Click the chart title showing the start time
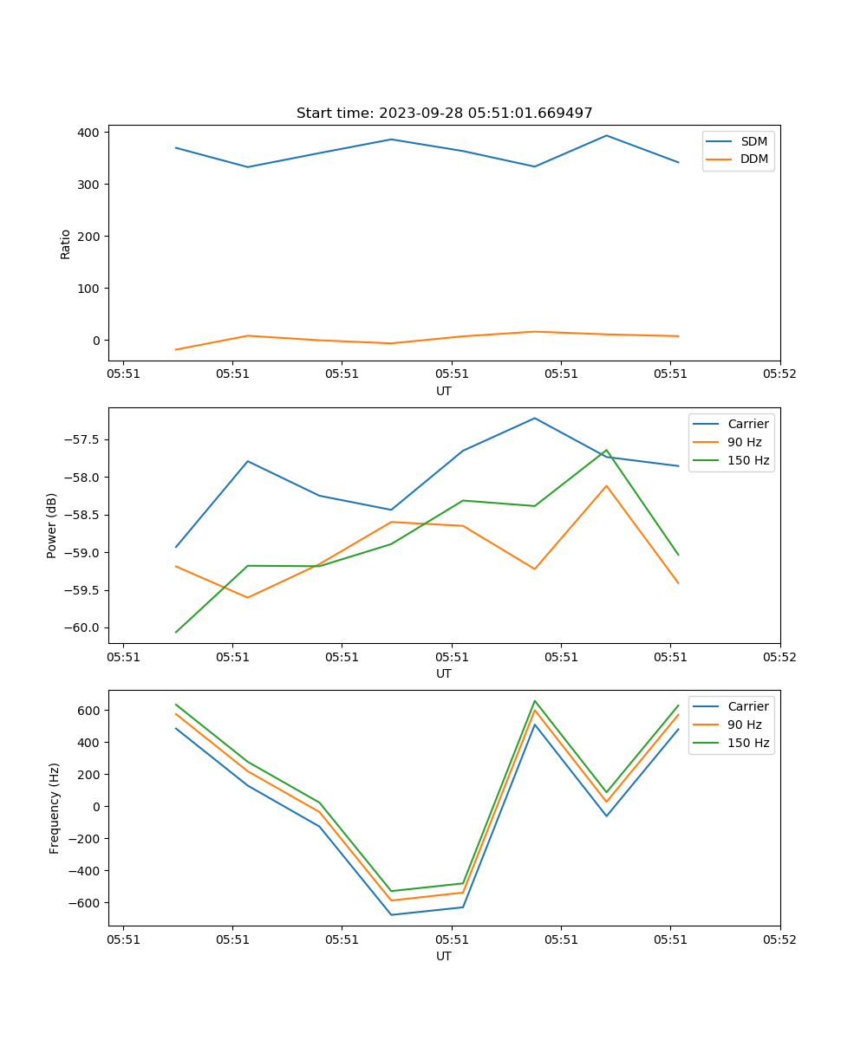pos(444,114)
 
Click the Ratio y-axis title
pos(66,244)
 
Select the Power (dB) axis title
pos(52,525)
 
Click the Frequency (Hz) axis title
pos(55,808)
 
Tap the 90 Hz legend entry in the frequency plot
pos(744,725)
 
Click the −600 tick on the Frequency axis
pos(86,903)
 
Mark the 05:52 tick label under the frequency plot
pos(779,938)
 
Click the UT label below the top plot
pos(444,391)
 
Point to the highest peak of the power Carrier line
pos(535,418)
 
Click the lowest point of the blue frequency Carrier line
pos(391,914)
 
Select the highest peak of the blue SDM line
pos(607,135)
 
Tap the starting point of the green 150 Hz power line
pos(176,632)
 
